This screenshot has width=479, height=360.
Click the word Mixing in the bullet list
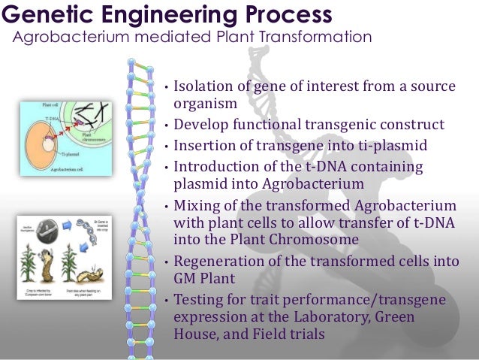196,207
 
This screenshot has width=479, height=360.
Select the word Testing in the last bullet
198,301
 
